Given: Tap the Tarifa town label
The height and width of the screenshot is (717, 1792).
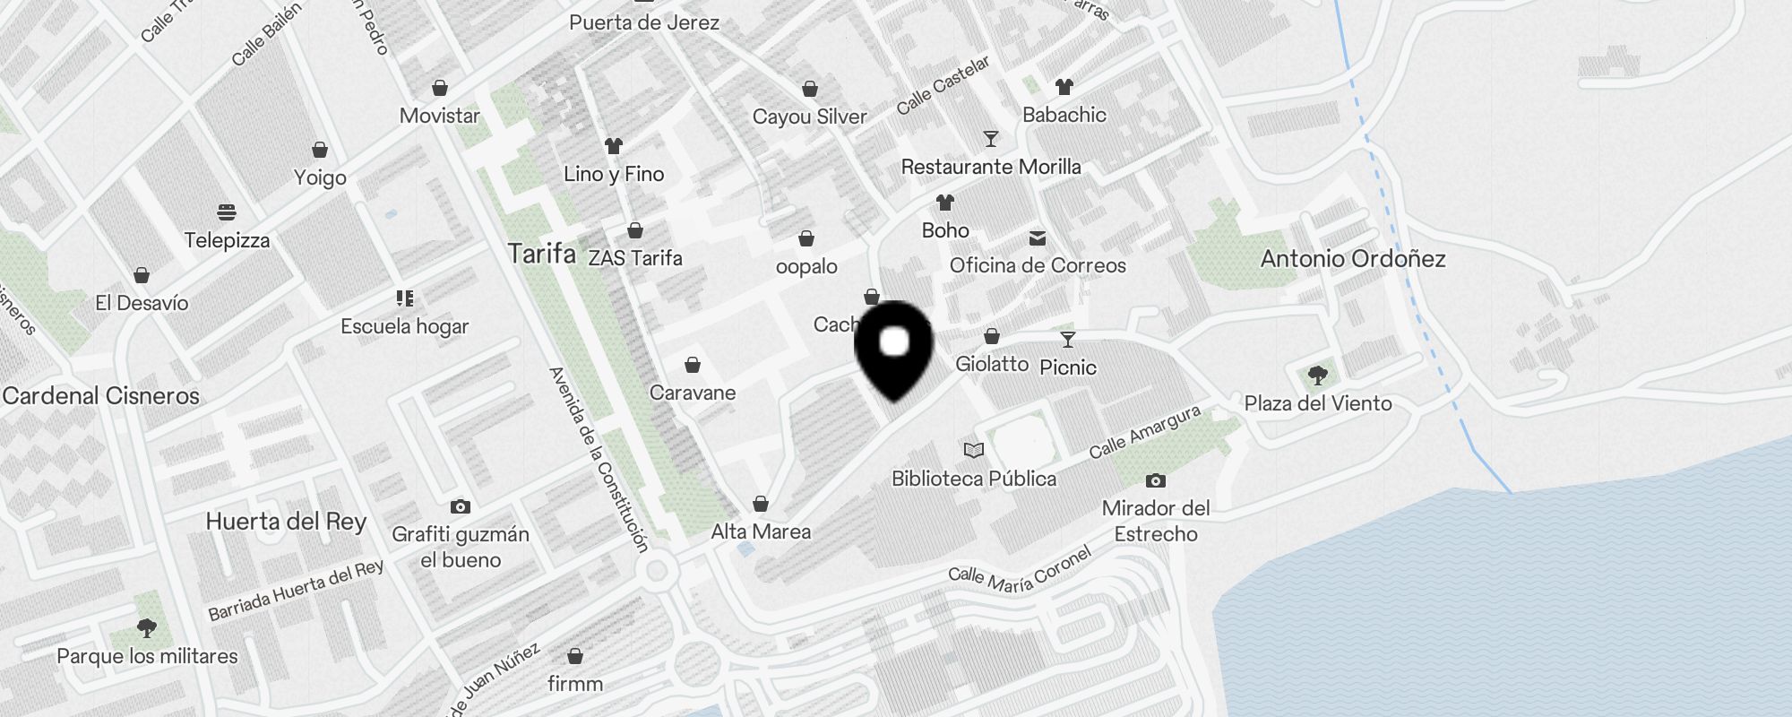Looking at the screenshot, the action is coord(541,254).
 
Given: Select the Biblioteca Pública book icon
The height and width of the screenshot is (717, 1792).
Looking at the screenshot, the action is coord(974,450).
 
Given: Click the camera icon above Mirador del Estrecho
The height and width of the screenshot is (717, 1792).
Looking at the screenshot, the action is coord(1156,481).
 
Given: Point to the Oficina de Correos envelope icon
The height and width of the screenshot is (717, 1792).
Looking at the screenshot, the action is coord(1038,238).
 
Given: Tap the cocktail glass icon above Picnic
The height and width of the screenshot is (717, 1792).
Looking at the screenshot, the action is coord(1067,340).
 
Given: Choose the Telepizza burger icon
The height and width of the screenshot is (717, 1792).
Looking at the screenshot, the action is coord(227,212).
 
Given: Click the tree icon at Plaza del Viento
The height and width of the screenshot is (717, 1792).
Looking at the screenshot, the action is coord(1317,375).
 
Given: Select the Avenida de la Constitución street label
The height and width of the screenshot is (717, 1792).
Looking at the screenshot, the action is coord(599,458).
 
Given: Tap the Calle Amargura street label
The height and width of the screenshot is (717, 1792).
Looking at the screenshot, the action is coord(1144,432).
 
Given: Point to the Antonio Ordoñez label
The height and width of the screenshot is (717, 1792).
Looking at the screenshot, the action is coord(1353,259).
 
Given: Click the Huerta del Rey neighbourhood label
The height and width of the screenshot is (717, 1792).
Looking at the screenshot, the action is coord(286,522).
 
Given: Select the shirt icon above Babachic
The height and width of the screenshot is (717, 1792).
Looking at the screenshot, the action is coord(1064,87).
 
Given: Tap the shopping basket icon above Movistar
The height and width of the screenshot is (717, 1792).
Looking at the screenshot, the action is coord(439,88).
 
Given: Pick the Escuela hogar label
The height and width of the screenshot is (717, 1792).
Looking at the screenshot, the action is coord(404,326).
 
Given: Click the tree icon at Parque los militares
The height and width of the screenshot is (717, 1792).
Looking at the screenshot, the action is coord(147,628).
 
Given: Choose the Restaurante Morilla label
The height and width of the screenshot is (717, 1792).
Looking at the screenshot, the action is coord(990,167).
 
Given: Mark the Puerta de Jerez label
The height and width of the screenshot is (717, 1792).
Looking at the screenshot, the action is coord(644,22).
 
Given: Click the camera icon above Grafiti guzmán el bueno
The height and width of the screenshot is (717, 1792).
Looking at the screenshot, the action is coord(461,507).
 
